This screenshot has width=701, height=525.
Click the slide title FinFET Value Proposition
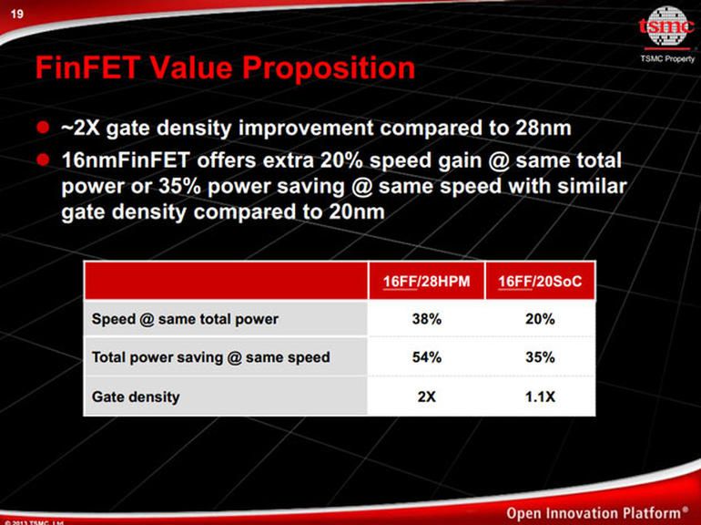point(224,67)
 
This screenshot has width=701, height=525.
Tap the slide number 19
point(16,12)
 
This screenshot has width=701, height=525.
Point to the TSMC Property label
point(667,59)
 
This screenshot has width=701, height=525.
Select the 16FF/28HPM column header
point(426,283)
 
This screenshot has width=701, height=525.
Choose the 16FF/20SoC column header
point(540,283)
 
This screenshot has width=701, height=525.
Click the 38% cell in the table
point(426,319)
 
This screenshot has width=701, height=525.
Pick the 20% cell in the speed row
point(540,319)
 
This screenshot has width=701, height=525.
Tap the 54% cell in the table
point(426,357)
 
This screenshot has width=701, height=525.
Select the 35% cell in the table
point(540,357)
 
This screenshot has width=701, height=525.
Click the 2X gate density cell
point(426,396)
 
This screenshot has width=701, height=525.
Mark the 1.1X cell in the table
point(540,396)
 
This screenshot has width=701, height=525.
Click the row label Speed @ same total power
point(185,319)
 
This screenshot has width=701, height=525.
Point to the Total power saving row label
point(210,357)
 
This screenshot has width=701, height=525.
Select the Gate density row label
point(136,396)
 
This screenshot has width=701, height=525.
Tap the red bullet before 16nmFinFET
point(42,160)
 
